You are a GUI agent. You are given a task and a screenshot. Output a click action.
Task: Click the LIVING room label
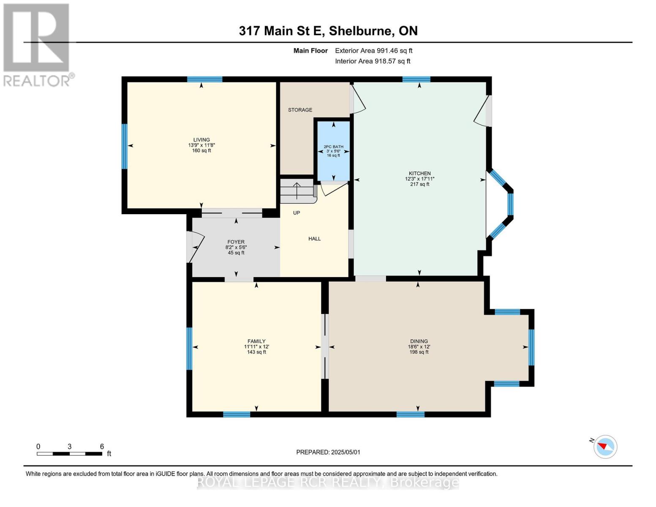[201, 140]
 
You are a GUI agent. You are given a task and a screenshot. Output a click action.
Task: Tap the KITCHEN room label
[419, 173]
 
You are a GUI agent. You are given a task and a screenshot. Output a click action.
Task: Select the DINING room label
[419, 341]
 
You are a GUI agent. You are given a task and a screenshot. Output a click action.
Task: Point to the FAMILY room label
[256, 341]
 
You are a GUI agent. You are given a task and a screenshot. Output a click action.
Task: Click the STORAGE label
[300, 110]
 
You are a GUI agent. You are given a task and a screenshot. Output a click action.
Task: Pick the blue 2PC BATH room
[334, 151]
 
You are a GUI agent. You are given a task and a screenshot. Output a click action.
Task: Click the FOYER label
[236, 242]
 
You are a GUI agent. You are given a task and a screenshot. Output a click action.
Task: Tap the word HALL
[314, 239]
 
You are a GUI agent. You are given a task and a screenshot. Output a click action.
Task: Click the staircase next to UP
[297, 191]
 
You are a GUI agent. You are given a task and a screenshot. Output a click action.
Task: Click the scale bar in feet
[69, 454]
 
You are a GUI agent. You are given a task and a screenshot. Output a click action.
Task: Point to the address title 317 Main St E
[328, 31]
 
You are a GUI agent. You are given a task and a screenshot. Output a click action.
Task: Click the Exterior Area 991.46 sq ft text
[373, 51]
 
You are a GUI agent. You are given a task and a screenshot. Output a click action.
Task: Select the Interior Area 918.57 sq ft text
[373, 61]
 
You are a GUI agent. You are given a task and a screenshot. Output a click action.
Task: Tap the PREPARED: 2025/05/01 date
[328, 452]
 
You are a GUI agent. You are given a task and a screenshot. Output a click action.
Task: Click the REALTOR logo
[37, 44]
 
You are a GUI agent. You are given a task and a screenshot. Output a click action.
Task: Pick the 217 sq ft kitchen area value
[419, 184]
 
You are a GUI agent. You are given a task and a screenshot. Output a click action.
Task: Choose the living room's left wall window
[124, 146]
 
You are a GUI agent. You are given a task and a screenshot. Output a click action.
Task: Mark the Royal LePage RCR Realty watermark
[328, 482]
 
